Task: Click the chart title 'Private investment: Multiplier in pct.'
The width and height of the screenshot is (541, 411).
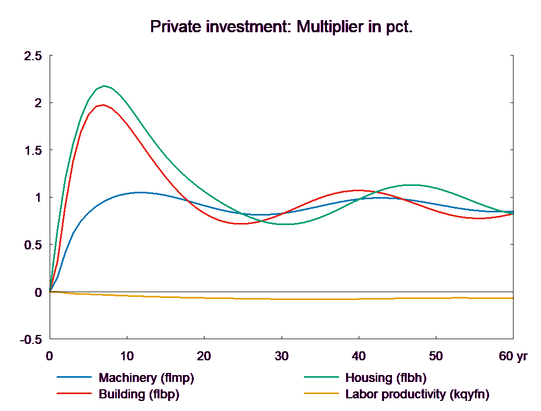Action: [x=281, y=26]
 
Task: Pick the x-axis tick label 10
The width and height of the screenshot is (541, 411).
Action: [x=127, y=356]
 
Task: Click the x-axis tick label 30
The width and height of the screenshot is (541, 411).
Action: [x=281, y=356]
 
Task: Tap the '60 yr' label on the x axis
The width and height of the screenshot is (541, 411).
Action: [x=513, y=356]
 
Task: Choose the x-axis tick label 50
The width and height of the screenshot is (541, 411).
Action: [x=435, y=356]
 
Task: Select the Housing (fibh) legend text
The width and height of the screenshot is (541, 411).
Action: [x=386, y=378]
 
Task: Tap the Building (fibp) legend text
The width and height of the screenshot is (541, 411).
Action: [x=139, y=394]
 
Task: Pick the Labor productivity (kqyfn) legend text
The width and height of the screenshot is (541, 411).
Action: [x=417, y=394]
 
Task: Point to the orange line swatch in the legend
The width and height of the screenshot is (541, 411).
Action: [x=321, y=394]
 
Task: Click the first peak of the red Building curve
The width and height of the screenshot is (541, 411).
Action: [x=103, y=105]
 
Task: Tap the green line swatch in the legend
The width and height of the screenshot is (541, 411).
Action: [x=321, y=378]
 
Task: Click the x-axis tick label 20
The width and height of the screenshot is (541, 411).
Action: [x=204, y=356]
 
